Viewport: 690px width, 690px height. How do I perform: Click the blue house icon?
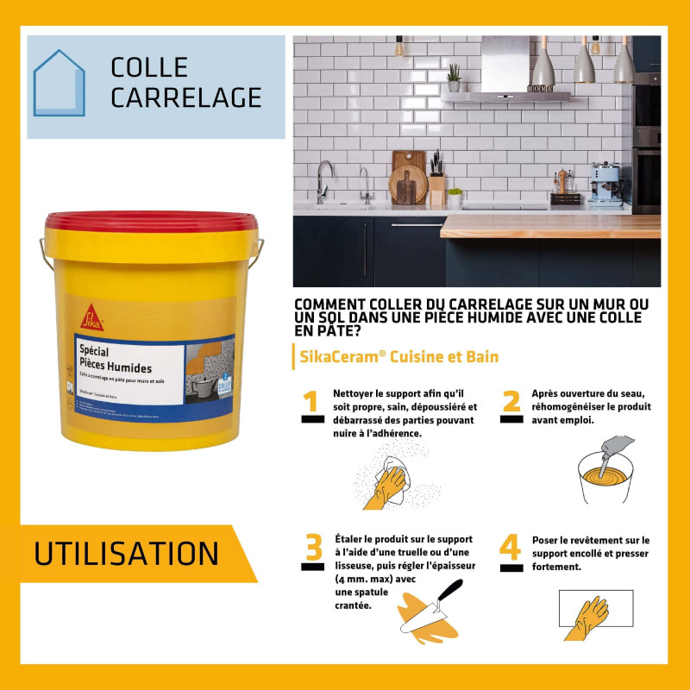click(60, 84)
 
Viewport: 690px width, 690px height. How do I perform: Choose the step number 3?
click(313, 550)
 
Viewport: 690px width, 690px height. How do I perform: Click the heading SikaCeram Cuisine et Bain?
click(398, 356)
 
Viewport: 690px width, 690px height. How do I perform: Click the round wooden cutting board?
click(404, 185)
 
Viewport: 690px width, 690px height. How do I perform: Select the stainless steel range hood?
click(506, 69)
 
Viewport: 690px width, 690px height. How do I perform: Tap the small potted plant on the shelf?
click(454, 78)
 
